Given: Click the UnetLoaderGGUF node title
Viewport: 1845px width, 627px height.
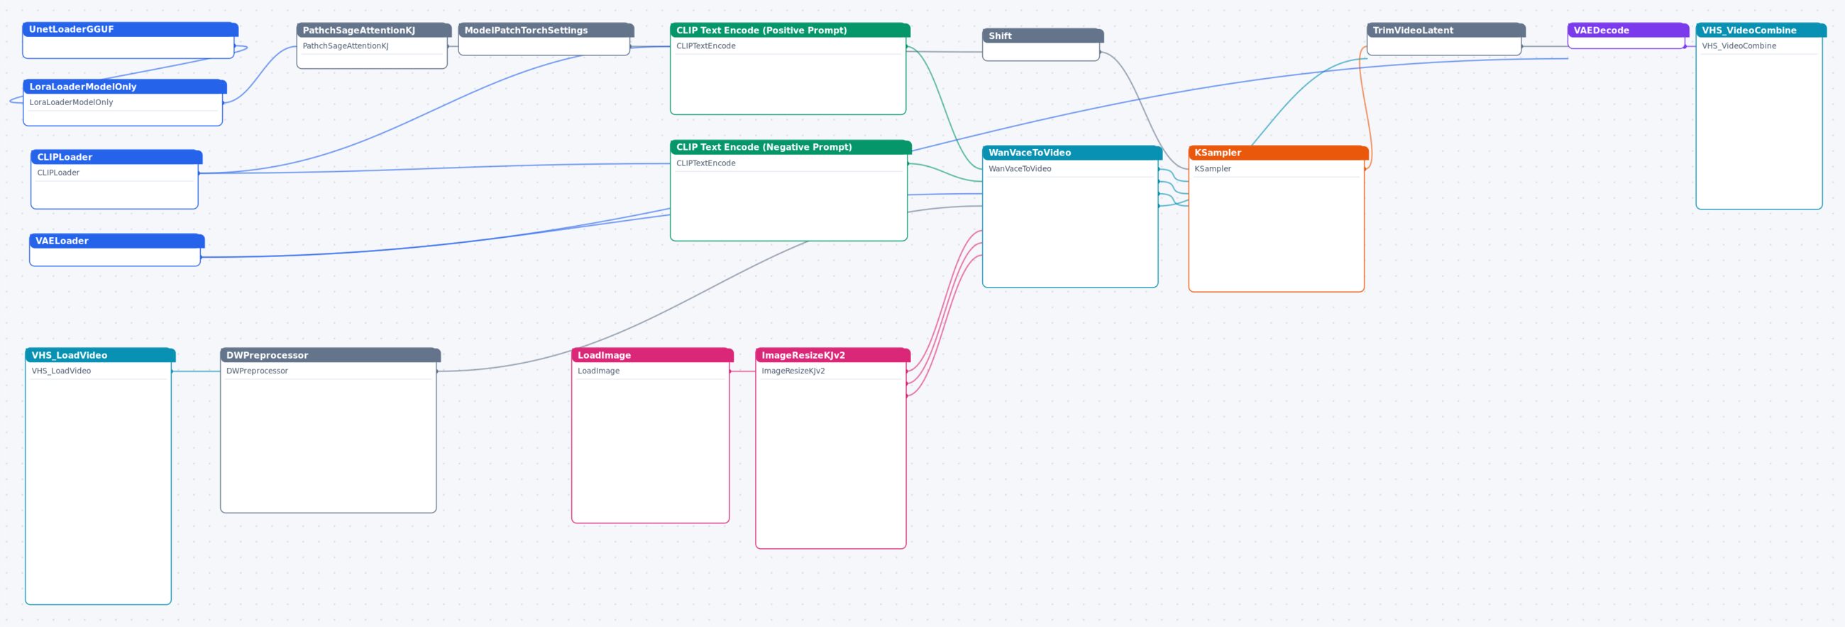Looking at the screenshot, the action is pos(131,29).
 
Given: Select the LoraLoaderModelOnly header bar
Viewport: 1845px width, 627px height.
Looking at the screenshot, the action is pos(125,87).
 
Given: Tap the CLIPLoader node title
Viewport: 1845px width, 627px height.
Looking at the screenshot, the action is pos(117,157).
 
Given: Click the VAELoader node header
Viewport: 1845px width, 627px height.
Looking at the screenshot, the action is pos(117,241).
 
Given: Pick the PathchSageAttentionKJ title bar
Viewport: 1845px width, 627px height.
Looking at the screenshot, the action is pos(374,30).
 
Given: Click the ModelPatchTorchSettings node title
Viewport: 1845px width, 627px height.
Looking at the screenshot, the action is pos(546,30).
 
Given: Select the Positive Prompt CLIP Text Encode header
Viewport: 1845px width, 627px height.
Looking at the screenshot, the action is pos(790,30).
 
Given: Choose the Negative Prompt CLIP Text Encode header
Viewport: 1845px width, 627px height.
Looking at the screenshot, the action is pos(791,147).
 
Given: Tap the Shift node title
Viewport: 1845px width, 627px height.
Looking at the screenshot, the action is pos(1043,36).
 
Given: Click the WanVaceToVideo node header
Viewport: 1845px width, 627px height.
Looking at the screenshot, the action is pos(1072,153).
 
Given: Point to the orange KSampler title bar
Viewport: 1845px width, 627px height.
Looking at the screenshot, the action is pos(1279,153).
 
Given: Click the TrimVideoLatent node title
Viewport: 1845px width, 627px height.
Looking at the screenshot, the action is pos(1446,30).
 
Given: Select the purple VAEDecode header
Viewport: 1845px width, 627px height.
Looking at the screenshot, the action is pos(1628,30).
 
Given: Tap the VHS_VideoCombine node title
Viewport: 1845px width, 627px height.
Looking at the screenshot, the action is pos(1761,30).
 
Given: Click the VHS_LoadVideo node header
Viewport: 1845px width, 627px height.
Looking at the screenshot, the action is pos(100,355).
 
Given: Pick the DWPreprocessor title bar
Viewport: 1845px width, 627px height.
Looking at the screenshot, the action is pos(330,355).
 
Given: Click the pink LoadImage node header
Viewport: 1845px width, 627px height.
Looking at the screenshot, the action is pos(652,355).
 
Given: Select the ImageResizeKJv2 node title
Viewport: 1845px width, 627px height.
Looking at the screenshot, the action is pos(833,355).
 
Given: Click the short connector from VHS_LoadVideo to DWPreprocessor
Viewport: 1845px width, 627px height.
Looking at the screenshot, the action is pos(197,371).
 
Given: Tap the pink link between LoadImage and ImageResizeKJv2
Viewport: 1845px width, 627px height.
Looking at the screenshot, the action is pos(743,371).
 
